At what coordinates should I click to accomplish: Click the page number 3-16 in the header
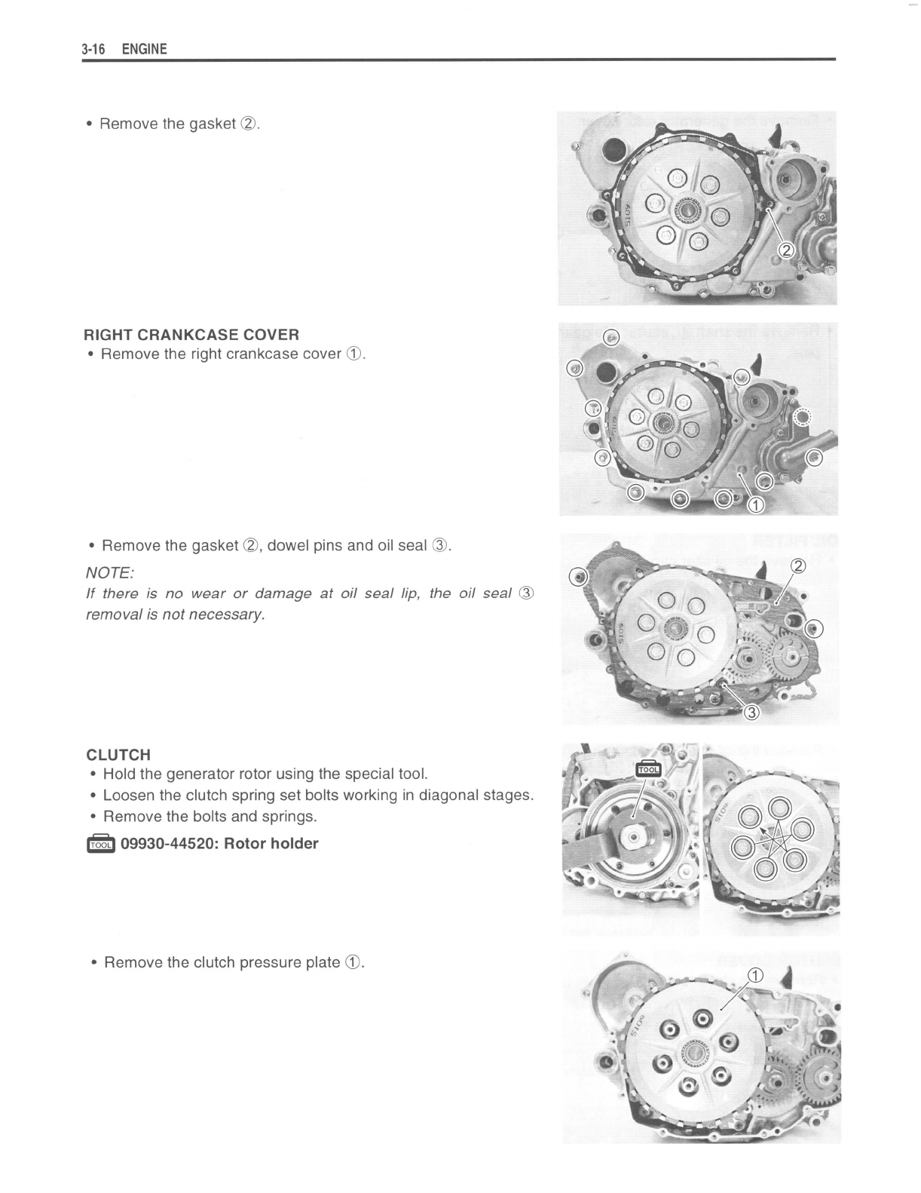(93, 49)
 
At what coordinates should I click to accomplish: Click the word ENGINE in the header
(144, 49)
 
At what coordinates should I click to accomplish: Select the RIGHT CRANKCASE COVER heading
(191, 334)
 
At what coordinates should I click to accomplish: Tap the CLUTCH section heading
(118, 754)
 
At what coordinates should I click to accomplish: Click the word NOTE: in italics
(110, 572)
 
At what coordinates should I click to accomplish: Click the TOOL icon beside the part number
(100, 844)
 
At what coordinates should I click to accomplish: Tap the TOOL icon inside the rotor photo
(648, 768)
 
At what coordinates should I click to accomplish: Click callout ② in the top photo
(785, 250)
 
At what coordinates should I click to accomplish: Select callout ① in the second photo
(755, 504)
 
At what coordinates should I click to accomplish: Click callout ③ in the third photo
(751, 713)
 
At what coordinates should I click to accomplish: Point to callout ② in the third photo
(797, 566)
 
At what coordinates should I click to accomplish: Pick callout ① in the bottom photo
(754, 975)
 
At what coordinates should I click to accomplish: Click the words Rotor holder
(271, 843)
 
